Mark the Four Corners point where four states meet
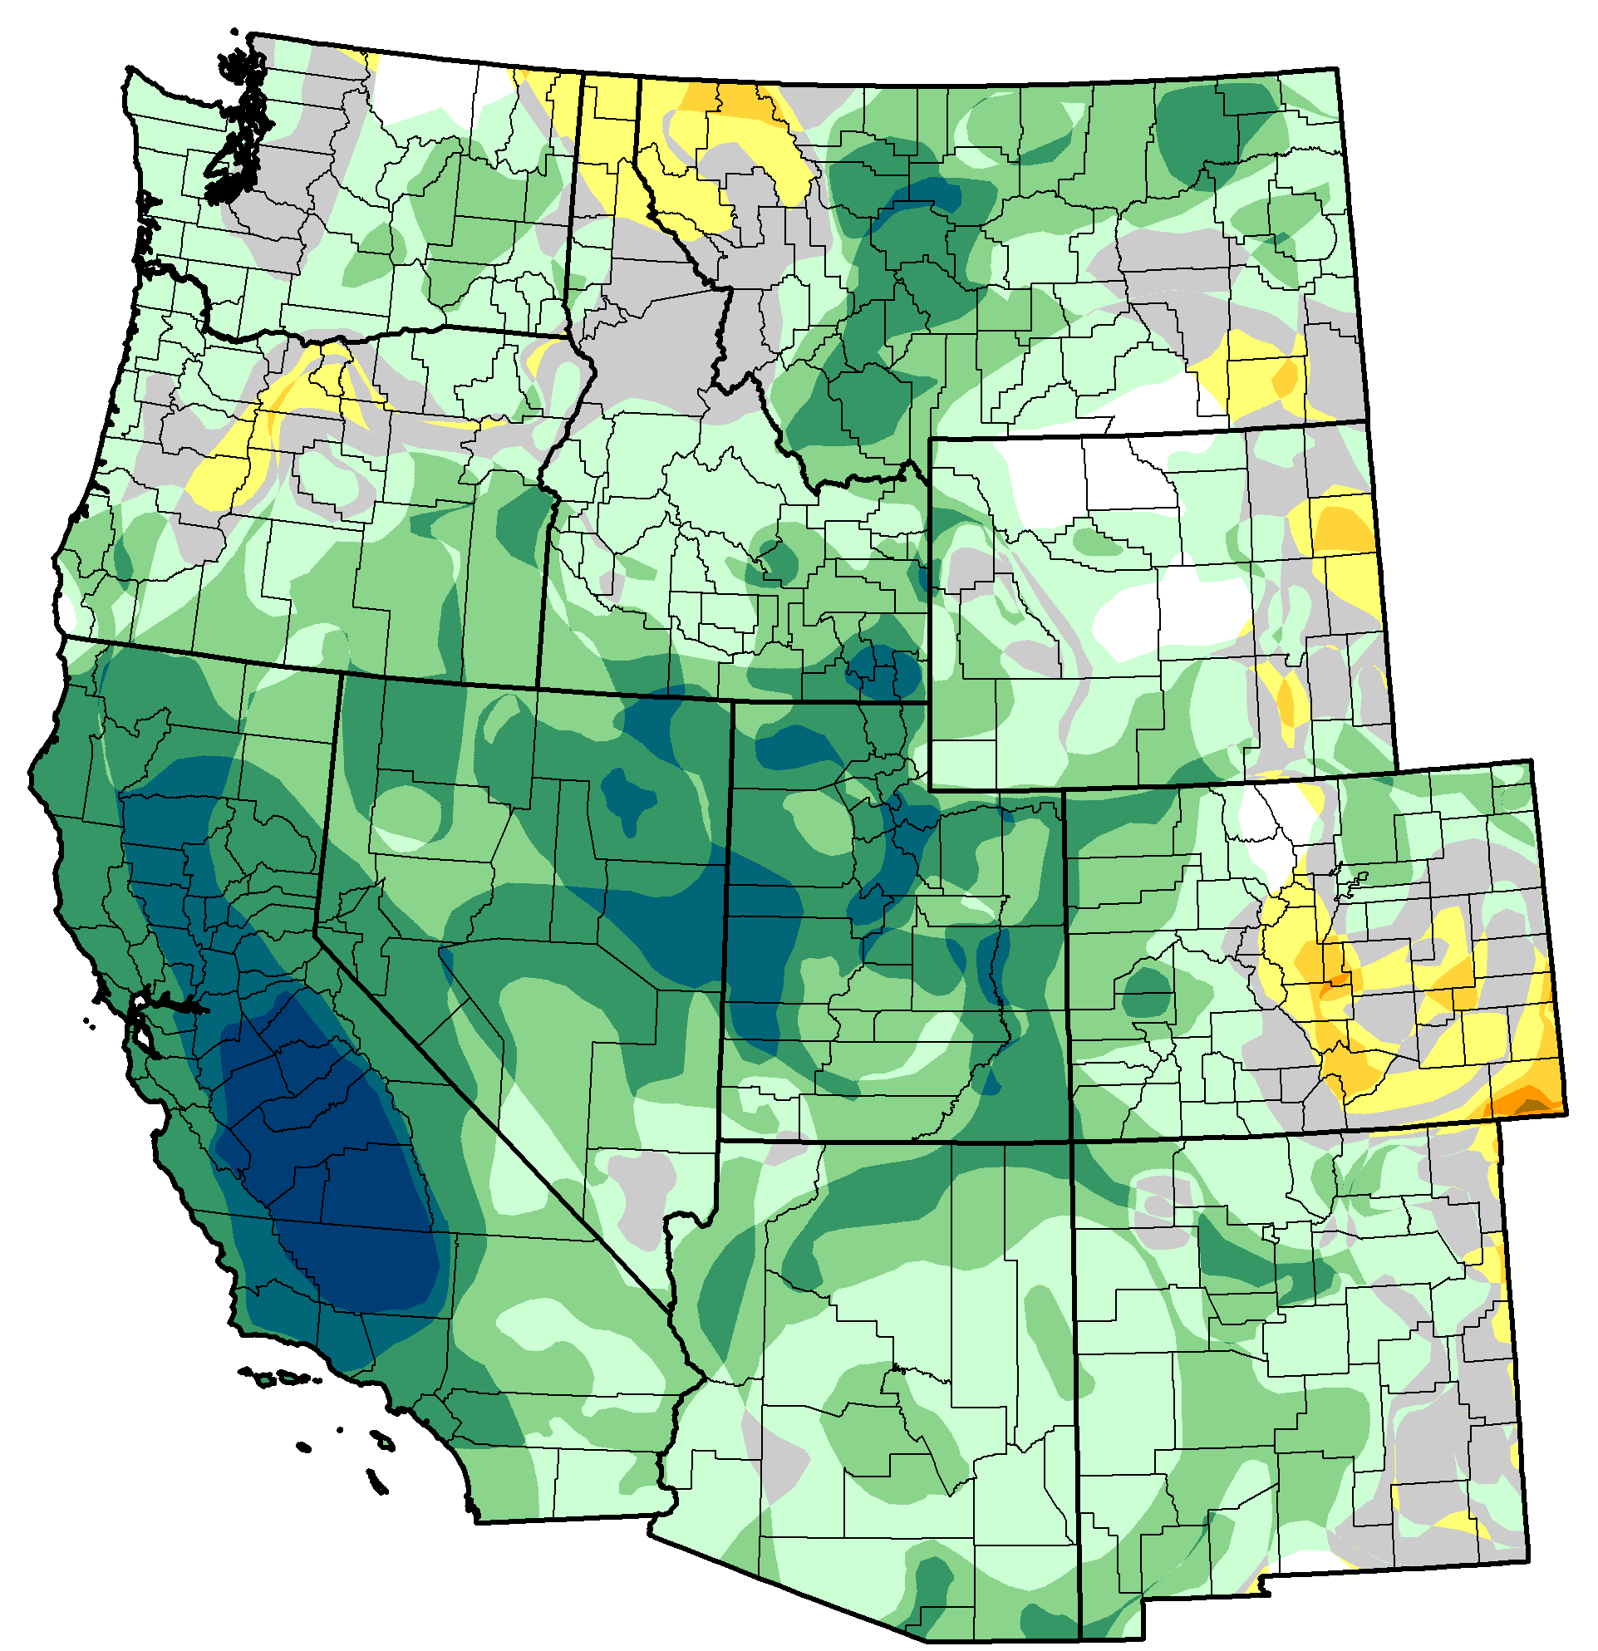pyautogui.click(x=1071, y=1142)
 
